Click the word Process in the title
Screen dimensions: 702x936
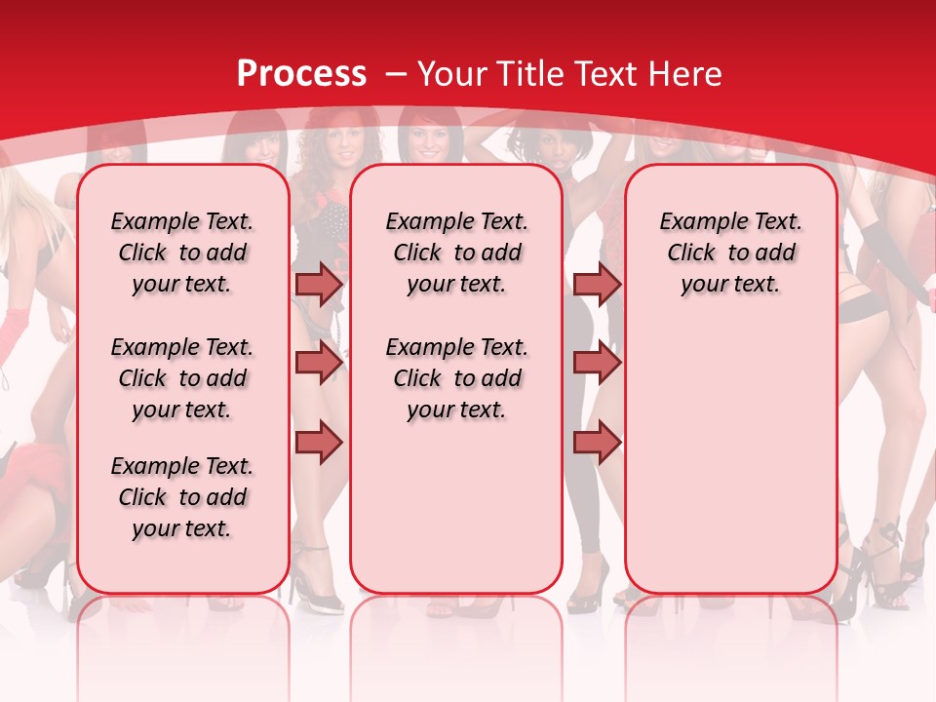(x=301, y=74)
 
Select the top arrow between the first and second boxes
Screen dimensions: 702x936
(x=319, y=285)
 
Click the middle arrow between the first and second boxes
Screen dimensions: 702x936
(x=319, y=363)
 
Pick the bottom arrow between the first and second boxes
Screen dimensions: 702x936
(x=319, y=442)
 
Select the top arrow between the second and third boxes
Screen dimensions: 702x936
(x=597, y=285)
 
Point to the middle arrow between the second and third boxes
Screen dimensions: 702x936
(x=597, y=363)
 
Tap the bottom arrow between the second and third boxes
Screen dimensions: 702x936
(x=597, y=442)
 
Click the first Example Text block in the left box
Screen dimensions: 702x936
(x=182, y=253)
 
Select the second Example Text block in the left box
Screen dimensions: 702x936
(x=182, y=378)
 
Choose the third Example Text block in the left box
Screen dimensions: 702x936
(x=182, y=497)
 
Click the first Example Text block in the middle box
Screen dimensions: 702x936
(x=456, y=253)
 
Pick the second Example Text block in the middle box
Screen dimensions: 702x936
(x=456, y=378)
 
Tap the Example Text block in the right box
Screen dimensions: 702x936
(x=730, y=253)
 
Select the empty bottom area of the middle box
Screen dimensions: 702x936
(x=456, y=517)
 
